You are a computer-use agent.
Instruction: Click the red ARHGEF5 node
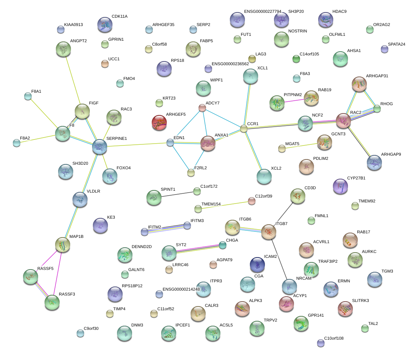[x=159, y=123]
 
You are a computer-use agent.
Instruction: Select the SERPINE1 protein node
[x=100, y=147]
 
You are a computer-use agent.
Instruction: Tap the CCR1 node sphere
[x=244, y=129]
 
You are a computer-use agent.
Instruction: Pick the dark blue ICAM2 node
[x=257, y=264]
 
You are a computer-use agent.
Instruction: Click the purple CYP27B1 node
[x=341, y=186]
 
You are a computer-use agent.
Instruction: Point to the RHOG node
[x=376, y=109]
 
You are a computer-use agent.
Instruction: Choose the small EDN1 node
[x=170, y=142]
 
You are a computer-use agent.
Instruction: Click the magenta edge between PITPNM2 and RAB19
[x=294, y=100]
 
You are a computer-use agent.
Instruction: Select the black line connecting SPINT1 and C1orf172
[x=175, y=195]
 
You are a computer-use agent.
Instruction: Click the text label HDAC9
[x=339, y=11]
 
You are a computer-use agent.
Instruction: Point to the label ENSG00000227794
[x=263, y=11]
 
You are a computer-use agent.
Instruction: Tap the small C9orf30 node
[x=80, y=333]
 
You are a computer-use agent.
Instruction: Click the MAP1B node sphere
[x=63, y=245]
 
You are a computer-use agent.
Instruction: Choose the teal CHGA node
[x=223, y=245]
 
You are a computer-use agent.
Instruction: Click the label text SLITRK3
[x=360, y=300]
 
